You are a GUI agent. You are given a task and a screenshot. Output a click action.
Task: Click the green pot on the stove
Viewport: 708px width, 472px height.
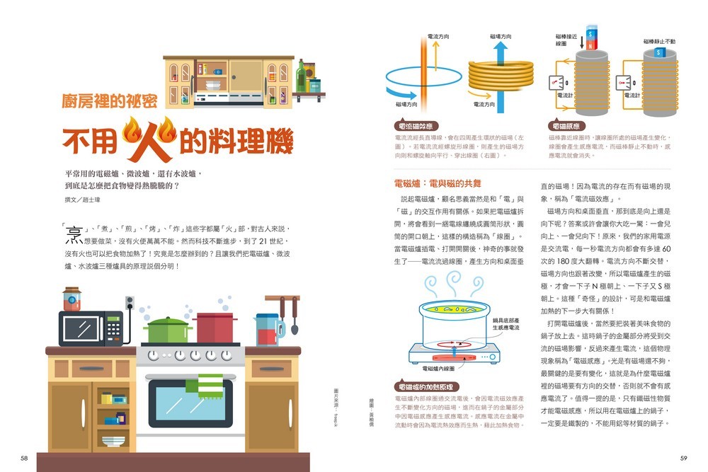[x=168, y=330]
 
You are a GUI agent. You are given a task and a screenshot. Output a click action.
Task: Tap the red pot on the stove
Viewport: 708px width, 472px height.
[x=215, y=328]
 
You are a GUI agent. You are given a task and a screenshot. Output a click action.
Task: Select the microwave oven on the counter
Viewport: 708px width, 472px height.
[x=91, y=328]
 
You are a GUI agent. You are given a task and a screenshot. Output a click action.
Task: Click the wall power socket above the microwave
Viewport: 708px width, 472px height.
[x=130, y=303]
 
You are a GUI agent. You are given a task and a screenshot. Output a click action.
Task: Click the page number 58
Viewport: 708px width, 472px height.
[x=24, y=458]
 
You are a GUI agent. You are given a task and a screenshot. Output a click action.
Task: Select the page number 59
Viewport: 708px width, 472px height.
[x=683, y=458]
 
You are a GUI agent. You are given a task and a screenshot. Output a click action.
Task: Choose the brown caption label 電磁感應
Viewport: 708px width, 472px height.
[x=566, y=125]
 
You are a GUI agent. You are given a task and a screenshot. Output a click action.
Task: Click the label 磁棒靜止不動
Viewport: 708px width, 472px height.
[x=658, y=42]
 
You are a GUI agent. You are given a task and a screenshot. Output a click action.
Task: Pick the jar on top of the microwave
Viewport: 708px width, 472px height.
[x=72, y=299]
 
